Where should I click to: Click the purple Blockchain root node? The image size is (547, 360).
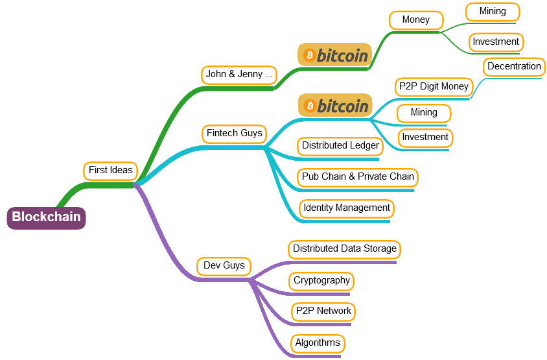46,217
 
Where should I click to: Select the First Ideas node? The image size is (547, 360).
111,171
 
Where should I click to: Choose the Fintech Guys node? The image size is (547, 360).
234,134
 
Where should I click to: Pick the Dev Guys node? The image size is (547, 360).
224,266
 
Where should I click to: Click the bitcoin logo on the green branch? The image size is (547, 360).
334,55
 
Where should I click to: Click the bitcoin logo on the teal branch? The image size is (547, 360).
334,105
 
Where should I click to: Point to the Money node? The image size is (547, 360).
416,20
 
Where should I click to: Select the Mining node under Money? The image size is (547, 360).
493,12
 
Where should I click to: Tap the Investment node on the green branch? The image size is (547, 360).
496,42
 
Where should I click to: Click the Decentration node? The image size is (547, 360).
514,67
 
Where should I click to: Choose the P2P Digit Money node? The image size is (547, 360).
434,87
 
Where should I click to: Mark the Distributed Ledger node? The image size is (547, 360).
340,146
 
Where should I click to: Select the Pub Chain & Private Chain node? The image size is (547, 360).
358,176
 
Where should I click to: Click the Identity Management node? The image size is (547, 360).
347,208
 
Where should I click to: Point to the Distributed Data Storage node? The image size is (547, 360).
344,249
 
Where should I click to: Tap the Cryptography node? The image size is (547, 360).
321,281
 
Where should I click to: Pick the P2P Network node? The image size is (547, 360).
323,311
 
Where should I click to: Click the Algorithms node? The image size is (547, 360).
317,343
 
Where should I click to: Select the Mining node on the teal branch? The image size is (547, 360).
424,113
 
